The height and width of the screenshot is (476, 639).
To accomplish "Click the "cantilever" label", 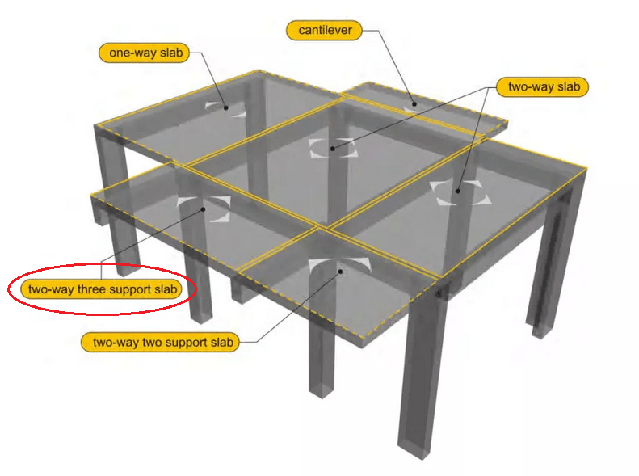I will [322, 31].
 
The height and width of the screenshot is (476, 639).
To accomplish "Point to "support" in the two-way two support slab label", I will [188, 343].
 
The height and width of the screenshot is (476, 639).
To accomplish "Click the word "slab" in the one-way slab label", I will [171, 53].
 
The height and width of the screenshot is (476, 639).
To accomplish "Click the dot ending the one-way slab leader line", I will [227, 107].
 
